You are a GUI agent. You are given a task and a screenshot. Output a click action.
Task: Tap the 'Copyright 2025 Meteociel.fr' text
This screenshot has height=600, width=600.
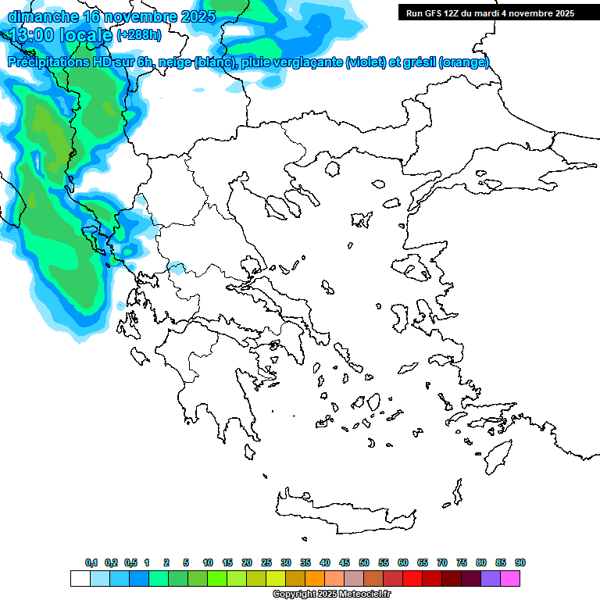tap(331, 595)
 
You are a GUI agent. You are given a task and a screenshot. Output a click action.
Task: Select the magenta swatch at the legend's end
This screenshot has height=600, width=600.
tap(510, 579)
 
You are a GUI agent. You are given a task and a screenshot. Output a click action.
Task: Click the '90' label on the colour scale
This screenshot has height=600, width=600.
tap(520, 562)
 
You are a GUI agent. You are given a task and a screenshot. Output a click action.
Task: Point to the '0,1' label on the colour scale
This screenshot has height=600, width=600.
tap(91, 562)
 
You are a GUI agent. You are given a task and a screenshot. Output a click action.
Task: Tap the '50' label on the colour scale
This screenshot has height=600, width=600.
tap(364, 562)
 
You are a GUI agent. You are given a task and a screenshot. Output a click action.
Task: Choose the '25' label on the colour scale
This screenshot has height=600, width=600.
tap(266, 562)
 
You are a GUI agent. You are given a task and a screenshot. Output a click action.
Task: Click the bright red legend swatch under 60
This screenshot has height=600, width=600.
tap(412, 579)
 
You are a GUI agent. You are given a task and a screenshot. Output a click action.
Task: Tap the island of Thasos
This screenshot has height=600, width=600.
tap(332, 169)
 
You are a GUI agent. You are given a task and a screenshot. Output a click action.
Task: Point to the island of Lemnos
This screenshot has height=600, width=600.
tap(361, 220)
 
